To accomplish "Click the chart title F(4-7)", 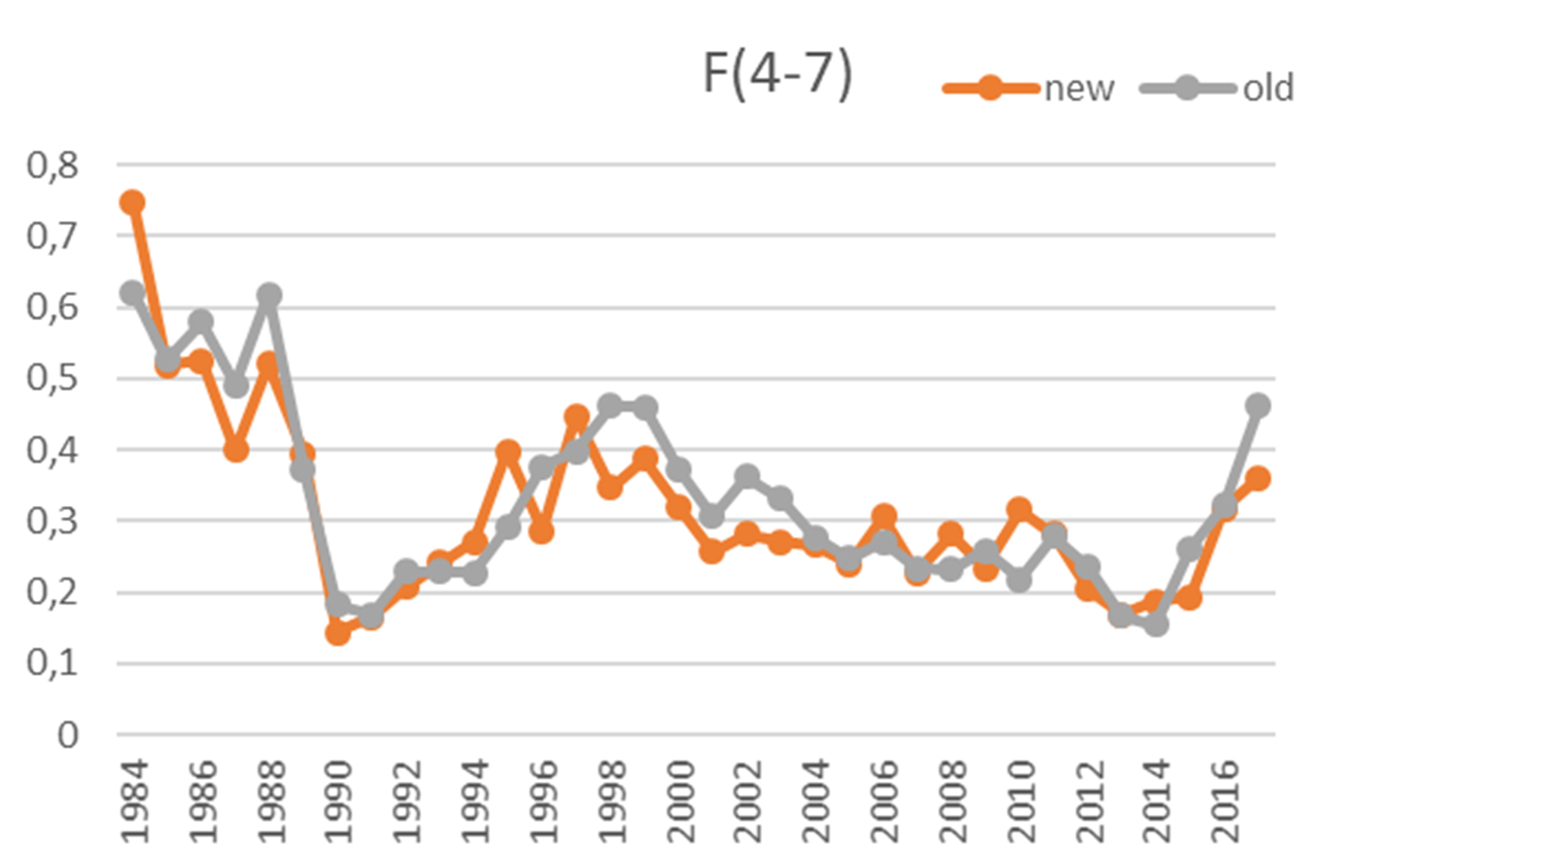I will (778, 75).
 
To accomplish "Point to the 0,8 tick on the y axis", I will (53, 165).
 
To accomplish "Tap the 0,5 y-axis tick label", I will (53, 379).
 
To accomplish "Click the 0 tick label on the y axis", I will (67, 735).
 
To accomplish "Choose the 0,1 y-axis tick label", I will (53, 664).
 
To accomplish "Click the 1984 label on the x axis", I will (134, 801).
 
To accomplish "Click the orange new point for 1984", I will (132, 202).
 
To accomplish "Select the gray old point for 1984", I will (132, 294).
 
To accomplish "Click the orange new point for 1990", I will (338, 633).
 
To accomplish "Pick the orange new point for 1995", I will (508, 451).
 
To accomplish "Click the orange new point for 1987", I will (235, 451).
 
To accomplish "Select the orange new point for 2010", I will (1019, 509).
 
